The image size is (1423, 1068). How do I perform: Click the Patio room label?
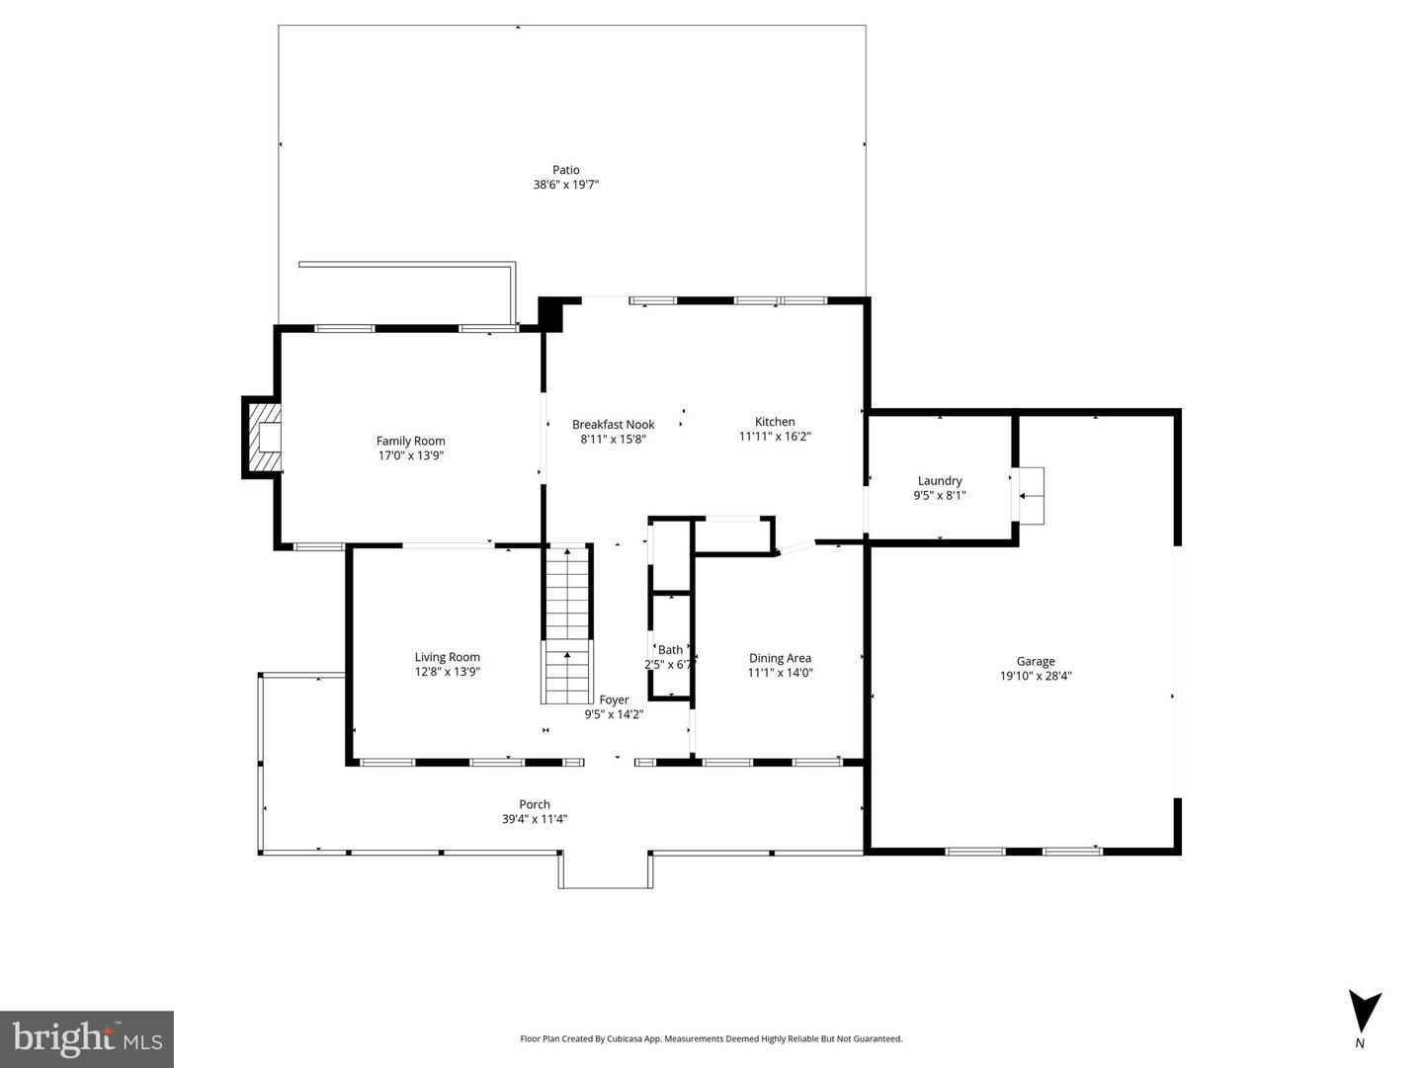[565, 170]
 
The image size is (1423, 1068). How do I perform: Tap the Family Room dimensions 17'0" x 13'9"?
[410, 455]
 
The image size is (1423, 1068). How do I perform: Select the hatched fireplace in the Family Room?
[263, 437]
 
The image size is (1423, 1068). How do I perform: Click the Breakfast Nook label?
[613, 425]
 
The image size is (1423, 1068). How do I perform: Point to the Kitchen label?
[775, 422]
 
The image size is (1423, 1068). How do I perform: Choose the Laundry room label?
[939, 481]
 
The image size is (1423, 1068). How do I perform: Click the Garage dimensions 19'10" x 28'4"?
[1036, 677]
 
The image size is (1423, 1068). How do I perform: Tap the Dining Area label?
[780, 658]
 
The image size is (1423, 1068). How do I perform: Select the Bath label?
[670, 650]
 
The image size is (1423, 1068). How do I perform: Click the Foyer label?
[614, 699]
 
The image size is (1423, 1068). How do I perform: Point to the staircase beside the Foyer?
[566, 622]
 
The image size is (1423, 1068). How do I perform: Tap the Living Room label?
[447, 657]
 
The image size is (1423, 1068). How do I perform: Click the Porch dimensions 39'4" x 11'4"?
[534, 819]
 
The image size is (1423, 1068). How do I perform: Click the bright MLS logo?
[87, 1039]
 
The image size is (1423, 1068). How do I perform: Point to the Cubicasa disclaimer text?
[711, 1038]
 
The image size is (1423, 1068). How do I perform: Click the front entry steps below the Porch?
[606, 870]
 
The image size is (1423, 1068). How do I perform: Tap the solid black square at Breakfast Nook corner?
[550, 314]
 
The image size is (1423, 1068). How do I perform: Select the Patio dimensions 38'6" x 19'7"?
[565, 185]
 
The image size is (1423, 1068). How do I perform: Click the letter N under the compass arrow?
[1360, 1043]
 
